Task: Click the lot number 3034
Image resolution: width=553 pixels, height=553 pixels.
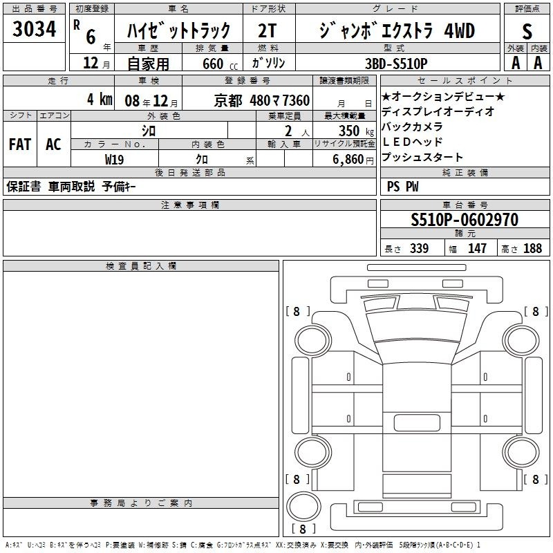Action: click(34, 29)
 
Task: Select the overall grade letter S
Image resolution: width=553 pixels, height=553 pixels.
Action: click(527, 31)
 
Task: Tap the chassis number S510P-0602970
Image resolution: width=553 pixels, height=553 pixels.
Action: click(465, 219)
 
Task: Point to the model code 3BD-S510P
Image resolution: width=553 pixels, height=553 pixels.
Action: click(396, 64)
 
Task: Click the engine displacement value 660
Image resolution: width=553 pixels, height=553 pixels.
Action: click(213, 64)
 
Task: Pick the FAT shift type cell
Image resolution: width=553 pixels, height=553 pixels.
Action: click(20, 144)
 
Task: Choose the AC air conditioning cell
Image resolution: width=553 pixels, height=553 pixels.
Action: click(53, 144)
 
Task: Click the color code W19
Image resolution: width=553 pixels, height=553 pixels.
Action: click(114, 160)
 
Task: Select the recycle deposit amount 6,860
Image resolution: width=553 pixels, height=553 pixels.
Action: click(348, 160)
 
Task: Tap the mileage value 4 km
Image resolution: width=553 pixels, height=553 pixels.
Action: click(100, 99)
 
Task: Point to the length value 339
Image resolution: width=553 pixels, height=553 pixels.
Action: click(419, 248)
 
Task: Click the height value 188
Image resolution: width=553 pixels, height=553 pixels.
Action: click(532, 248)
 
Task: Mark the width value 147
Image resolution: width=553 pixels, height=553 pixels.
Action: click(477, 248)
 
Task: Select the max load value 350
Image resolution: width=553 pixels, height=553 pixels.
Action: click(349, 131)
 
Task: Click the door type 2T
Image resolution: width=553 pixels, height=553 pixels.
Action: click(267, 30)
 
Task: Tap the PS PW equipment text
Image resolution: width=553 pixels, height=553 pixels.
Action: click(402, 186)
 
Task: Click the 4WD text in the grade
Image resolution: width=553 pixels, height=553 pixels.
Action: click(459, 30)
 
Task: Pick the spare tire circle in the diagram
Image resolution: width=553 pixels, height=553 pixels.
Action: click(303, 506)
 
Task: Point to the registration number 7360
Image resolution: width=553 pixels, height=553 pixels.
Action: click(296, 100)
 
